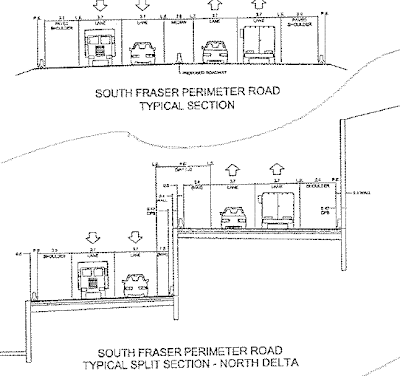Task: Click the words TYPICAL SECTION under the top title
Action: coord(189,111)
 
